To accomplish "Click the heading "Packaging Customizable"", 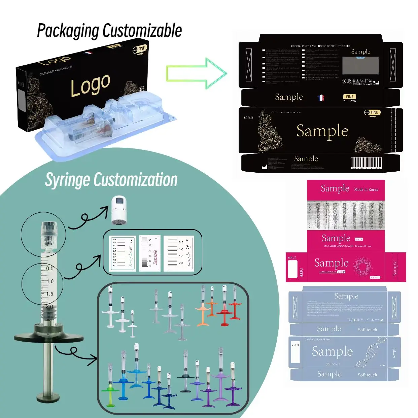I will (109, 31).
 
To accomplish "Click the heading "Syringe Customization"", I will (111, 180).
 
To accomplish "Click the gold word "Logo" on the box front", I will (90, 85).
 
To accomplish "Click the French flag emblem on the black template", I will (321, 98).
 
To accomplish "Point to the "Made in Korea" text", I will (366, 189).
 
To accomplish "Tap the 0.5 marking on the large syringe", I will (50, 269).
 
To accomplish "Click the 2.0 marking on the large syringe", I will (49, 307).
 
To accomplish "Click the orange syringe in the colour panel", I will (203, 310).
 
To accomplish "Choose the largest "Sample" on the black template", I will (322, 131).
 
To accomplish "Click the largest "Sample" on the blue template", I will (332, 351).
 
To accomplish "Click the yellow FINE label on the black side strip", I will (350, 97).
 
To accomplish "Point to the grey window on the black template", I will (360, 65).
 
